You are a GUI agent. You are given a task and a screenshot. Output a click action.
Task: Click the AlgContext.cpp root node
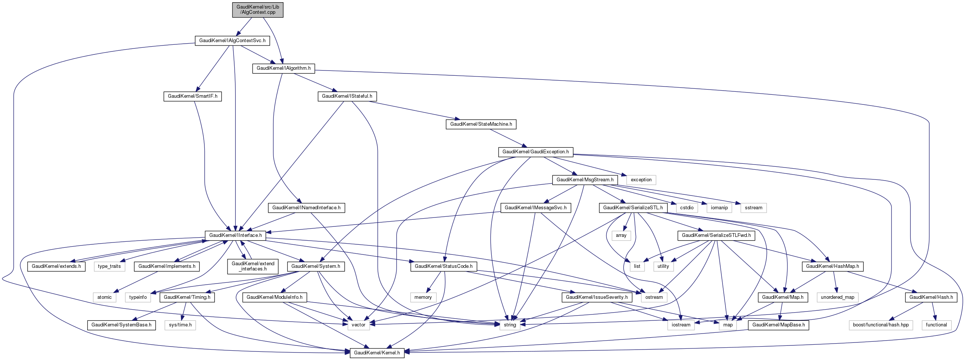pyautogui.click(x=257, y=9)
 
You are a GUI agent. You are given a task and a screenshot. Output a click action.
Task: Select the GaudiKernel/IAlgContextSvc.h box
pyautogui.click(x=232, y=40)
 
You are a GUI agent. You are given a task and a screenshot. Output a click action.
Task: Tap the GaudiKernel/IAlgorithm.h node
pyautogui.click(x=283, y=69)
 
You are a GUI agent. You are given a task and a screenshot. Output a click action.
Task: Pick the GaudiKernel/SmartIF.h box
pyautogui.click(x=192, y=96)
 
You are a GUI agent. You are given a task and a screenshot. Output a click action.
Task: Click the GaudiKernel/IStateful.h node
pyautogui.click(x=347, y=96)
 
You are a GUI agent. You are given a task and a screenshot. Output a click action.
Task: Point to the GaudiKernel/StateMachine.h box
pyautogui.click(x=480, y=124)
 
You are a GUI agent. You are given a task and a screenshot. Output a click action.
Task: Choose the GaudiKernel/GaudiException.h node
pyautogui.click(x=535, y=152)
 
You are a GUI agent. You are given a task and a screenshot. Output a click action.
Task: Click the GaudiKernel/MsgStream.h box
pyautogui.click(x=585, y=180)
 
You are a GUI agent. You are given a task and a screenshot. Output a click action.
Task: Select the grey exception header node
pyautogui.click(x=641, y=180)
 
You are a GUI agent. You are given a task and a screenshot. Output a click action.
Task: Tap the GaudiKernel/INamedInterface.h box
pyautogui.click(x=306, y=207)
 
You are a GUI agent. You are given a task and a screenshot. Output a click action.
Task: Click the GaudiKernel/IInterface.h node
pyautogui.click(x=235, y=235)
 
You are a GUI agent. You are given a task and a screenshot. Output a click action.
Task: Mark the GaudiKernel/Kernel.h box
pyautogui.click(x=377, y=353)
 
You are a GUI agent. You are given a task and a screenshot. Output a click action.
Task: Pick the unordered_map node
pyautogui.click(x=838, y=297)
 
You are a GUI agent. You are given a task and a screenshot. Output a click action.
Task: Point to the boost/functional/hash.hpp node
pyautogui.click(x=881, y=325)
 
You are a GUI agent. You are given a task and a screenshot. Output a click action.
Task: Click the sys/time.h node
pyautogui.click(x=180, y=325)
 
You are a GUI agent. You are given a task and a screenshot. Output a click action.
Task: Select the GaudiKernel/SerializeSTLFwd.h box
pyautogui.click(x=716, y=235)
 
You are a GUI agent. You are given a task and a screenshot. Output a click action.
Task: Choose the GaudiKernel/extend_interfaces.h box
pyautogui.click(x=253, y=266)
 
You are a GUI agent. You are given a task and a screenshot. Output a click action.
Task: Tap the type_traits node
pyautogui.click(x=109, y=266)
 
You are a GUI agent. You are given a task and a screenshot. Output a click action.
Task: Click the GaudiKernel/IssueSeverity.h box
pyautogui.click(x=597, y=297)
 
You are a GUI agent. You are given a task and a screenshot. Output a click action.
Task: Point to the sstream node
pyautogui.click(x=753, y=207)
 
